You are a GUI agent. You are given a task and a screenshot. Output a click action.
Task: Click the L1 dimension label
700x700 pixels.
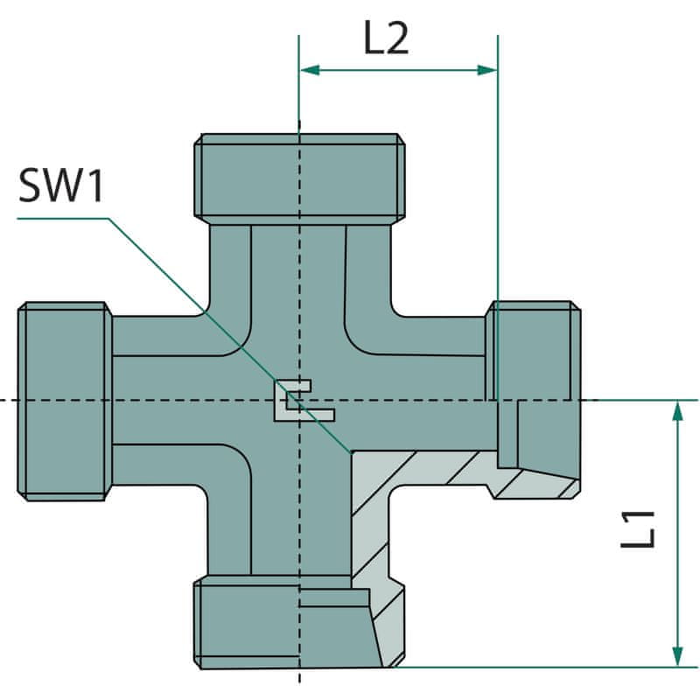[x=639, y=529]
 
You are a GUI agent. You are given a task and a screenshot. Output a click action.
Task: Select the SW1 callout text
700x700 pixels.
[x=61, y=185]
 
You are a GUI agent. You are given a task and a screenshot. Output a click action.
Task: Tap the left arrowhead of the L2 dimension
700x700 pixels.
[x=310, y=70]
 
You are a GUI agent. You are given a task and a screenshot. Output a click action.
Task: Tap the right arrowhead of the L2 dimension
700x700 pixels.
[x=487, y=70]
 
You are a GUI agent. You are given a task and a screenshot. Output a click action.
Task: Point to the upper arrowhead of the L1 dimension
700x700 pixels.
[x=677, y=410]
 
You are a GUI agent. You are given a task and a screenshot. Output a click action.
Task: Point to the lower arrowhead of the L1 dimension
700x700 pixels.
[x=677, y=657]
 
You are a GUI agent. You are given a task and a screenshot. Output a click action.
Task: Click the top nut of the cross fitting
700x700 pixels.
[x=299, y=178]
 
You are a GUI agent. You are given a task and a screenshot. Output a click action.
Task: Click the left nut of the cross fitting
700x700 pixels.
[x=65, y=401]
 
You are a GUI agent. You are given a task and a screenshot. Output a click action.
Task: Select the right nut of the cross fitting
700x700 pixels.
[x=534, y=400]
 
